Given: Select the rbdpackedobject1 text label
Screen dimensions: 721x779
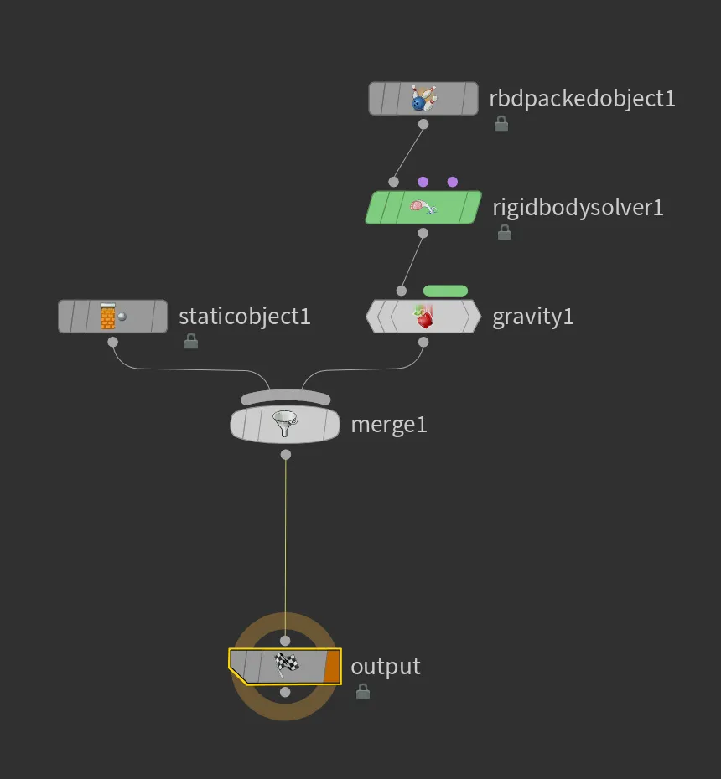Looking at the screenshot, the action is coord(583,98).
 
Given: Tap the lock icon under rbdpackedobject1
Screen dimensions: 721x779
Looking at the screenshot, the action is coord(501,123).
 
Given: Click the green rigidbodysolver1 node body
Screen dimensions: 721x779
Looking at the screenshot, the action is coord(423,207).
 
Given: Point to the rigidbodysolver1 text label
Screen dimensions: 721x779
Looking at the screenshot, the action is coord(578,208).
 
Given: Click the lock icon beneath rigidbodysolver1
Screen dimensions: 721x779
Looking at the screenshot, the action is coord(505,232).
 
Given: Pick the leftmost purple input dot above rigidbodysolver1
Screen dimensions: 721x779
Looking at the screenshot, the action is coord(423,182).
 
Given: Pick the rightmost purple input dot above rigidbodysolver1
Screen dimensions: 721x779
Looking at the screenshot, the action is coord(453,182).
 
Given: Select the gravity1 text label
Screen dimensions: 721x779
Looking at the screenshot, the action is coord(533,317).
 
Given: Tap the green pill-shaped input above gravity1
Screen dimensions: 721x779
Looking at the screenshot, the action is coord(445,291).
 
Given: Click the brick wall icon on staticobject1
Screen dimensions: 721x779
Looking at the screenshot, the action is coord(108,316).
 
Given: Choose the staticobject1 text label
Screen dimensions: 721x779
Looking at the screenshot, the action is coord(245,317).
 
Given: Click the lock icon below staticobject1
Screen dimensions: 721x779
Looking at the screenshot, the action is coord(191,341).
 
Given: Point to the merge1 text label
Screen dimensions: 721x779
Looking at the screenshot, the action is coord(389,426).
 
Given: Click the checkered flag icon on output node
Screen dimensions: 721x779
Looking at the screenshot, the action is coord(287,665).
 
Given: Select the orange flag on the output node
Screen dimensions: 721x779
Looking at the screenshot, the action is coord(332,666).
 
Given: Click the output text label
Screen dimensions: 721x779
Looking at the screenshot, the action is coord(386,667).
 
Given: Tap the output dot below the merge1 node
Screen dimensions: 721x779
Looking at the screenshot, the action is coord(285,455).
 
